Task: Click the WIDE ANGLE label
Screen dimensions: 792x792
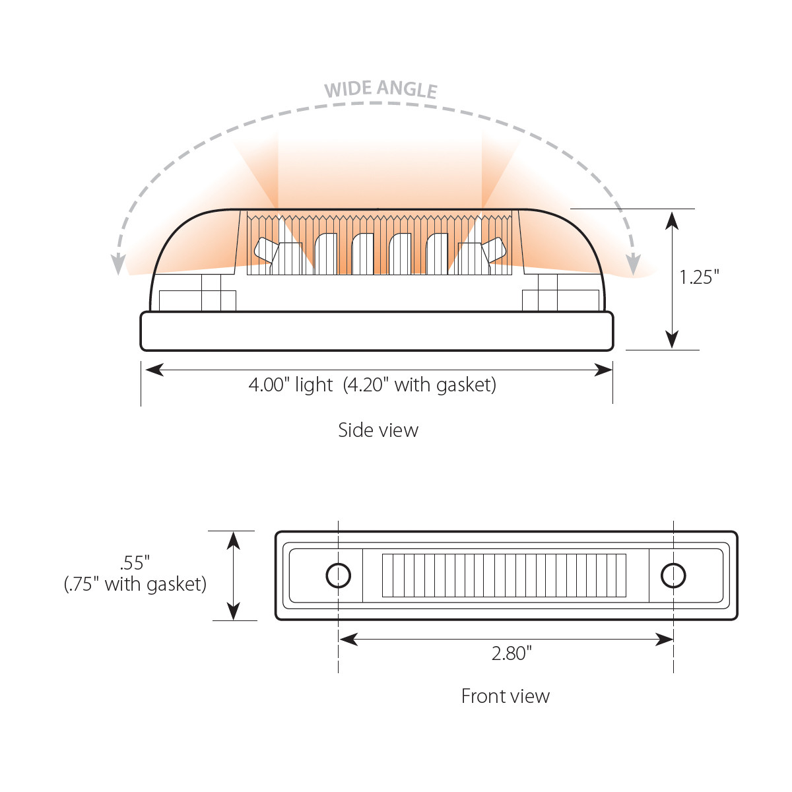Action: click(381, 89)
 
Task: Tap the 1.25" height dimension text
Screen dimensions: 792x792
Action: click(699, 277)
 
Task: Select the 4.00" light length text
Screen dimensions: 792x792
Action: click(290, 384)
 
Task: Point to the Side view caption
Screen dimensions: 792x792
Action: click(378, 430)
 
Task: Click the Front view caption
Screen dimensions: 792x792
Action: click(505, 696)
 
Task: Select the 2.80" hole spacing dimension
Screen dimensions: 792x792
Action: click(511, 653)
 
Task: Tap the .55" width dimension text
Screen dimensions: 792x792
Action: click(135, 563)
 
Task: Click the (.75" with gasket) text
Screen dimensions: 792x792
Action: click(135, 584)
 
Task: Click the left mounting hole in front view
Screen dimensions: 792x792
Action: click(339, 576)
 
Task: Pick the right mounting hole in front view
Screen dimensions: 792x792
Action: click(673, 576)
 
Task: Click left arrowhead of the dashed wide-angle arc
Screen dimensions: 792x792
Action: click(118, 265)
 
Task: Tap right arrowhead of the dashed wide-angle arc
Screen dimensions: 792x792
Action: click(633, 265)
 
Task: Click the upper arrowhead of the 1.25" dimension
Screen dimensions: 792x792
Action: click(672, 219)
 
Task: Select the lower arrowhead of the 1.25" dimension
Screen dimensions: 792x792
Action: click(672, 339)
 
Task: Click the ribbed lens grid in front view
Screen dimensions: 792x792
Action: click(504, 576)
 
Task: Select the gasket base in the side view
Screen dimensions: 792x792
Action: click(377, 331)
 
